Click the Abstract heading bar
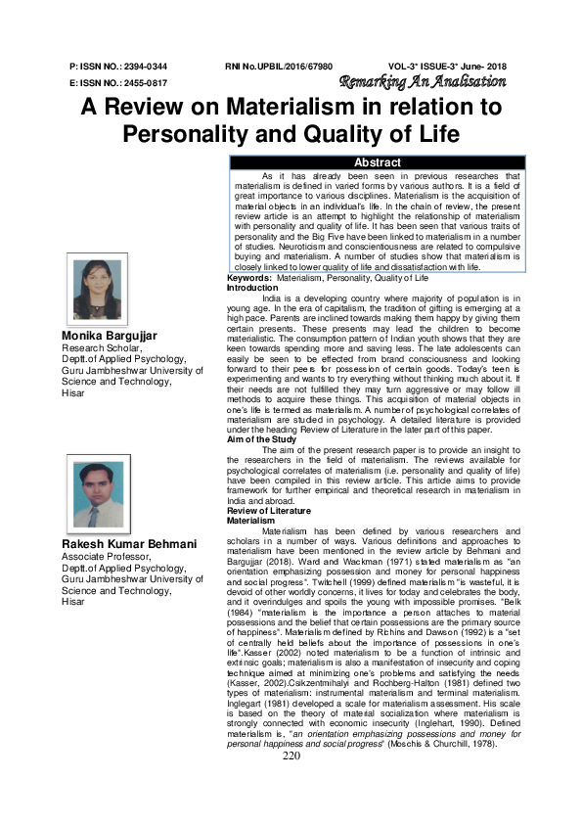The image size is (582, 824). (377, 161)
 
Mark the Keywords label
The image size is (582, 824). (249, 279)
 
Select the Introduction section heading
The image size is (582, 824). (252, 288)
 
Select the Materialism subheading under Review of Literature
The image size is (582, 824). (252, 520)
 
